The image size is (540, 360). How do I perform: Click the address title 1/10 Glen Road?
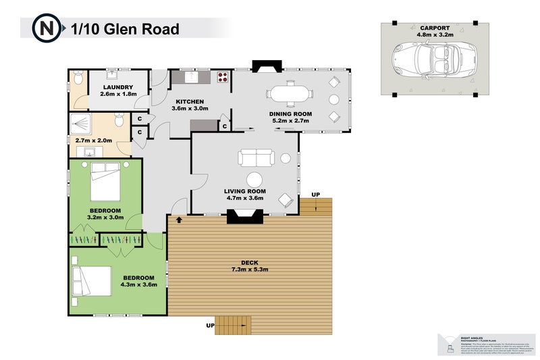click(x=125, y=29)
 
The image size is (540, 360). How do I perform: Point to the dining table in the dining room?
click(x=290, y=93)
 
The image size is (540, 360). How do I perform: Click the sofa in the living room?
click(x=255, y=158)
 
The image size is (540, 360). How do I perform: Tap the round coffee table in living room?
click(x=254, y=180)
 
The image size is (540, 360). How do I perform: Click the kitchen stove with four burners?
click(x=222, y=77)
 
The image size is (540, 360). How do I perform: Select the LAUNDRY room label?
click(x=118, y=88)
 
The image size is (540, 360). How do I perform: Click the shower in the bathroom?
click(x=86, y=124)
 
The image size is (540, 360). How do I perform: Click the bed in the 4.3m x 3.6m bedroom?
click(x=93, y=281)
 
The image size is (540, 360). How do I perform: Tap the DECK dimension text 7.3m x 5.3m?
click(x=250, y=270)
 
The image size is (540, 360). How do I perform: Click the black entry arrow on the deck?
click(x=179, y=220)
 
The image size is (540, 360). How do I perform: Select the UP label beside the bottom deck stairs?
click(x=211, y=326)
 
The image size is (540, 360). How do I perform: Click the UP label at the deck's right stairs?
click(x=315, y=195)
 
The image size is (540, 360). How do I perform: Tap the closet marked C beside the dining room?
click(x=224, y=126)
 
